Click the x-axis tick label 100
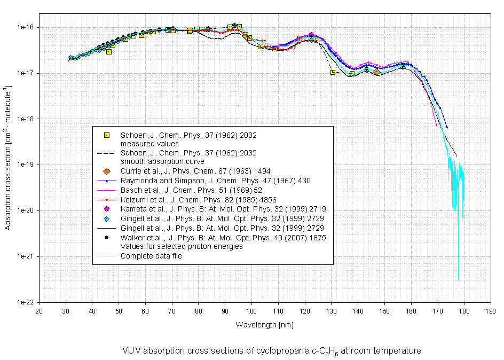(x=251, y=310)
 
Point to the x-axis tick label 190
(x=490, y=310)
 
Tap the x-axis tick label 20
(x=38, y=310)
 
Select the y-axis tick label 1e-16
(x=25, y=27)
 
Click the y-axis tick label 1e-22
(x=25, y=302)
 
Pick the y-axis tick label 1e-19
(x=25, y=165)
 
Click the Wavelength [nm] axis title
(x=264, y=325)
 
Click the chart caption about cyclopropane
(x=271, y=351)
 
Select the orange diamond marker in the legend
(x=107, y=171)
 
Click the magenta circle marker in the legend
(x=107, y=208)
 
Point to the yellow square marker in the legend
(x=107, y=135)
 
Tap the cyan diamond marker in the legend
(x=107, y=218)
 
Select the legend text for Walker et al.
(x=223, y=237)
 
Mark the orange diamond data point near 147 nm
(x=377, y=72)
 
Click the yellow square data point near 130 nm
(x=333, y=72)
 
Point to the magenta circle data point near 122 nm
(x=311, y=35)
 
